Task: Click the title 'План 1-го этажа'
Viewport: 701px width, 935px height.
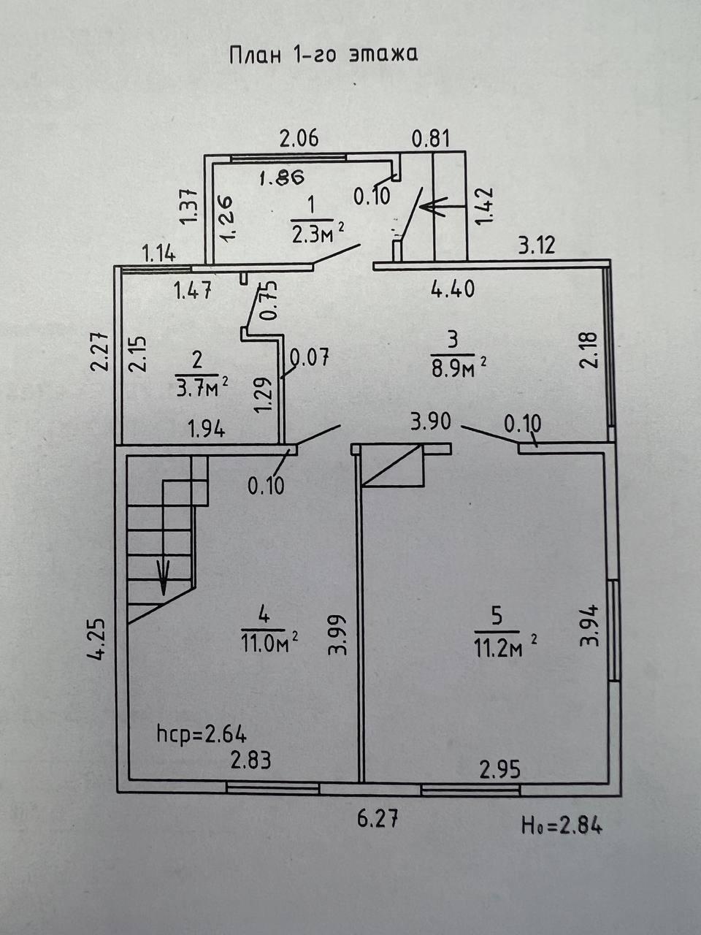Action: coord(323,56)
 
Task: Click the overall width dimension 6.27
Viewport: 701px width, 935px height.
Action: coord(377,820)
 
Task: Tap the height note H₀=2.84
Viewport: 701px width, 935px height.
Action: coord(562,826)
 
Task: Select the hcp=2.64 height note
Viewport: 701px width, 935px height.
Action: coord(202,733)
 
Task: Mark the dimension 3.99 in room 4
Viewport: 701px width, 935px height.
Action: coord(337,634)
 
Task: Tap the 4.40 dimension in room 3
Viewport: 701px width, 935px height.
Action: coord(452,289)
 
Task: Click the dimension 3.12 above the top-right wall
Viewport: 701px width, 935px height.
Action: coord(536,245)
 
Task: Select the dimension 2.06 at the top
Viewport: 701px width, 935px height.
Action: coord(300,137)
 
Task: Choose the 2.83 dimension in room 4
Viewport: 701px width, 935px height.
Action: coord(250,760)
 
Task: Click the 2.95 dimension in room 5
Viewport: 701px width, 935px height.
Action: coord(499,769)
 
